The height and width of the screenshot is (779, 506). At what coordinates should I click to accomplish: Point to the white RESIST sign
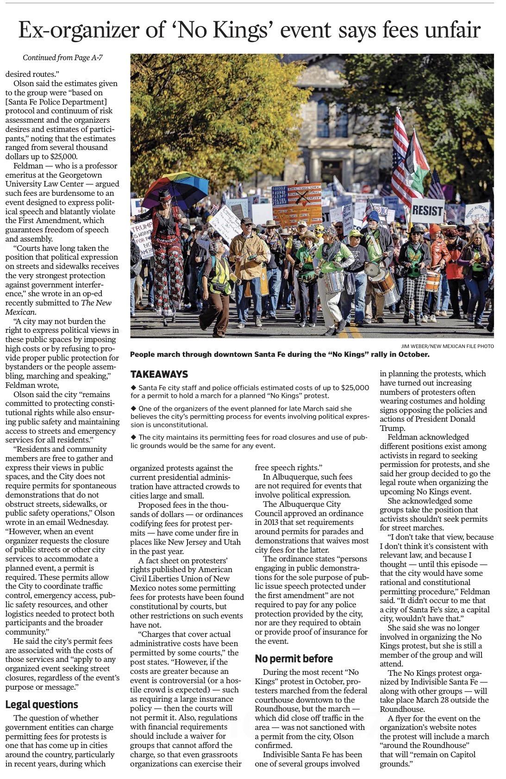click(x=427, y=211)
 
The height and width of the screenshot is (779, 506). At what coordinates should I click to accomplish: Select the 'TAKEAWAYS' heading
click(x=159, y=374)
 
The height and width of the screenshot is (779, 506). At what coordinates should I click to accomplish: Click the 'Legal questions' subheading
click(x=42, y=704)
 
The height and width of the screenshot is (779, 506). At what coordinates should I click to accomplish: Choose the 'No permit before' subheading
click(x=293, y=658)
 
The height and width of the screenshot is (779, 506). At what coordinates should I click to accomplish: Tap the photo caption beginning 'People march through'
click(x=280, y=355)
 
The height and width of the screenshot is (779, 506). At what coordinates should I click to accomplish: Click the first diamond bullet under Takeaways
click(x=133, y=387)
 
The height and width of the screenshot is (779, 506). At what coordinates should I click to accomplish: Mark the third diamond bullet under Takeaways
click(x=133, y=437)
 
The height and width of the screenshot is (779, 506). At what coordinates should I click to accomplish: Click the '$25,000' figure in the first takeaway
click(x=355, y=387)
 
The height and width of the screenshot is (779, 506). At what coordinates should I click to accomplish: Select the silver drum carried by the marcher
click(x=334, y=281)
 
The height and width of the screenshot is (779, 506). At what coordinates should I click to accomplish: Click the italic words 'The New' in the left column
click(x=96, y=303)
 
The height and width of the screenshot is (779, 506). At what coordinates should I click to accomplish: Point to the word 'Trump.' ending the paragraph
click(x=392, y=428)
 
